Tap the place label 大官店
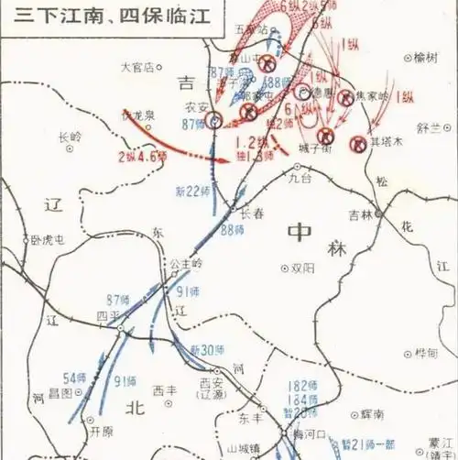coord(139,67)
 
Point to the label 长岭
coord(70,137)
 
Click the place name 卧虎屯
coord(47,241)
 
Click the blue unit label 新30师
coord(207,350)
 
